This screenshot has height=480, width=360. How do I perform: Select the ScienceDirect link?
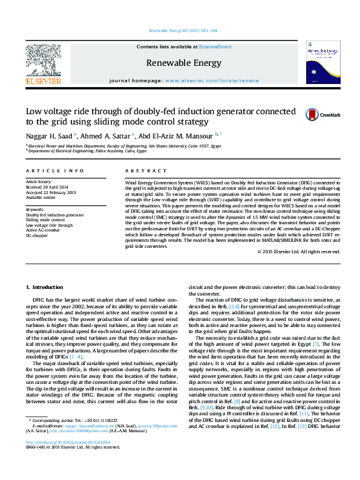[x=216, y=47]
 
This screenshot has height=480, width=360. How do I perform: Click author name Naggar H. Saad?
[x=49, y=135]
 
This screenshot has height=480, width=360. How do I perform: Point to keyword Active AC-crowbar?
[x=42, y=230]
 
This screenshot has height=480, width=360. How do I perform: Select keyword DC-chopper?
[x=36, y=235]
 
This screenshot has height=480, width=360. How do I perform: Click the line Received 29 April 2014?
[x=47, y=186]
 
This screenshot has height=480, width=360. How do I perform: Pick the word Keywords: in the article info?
[x=35, y=209]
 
